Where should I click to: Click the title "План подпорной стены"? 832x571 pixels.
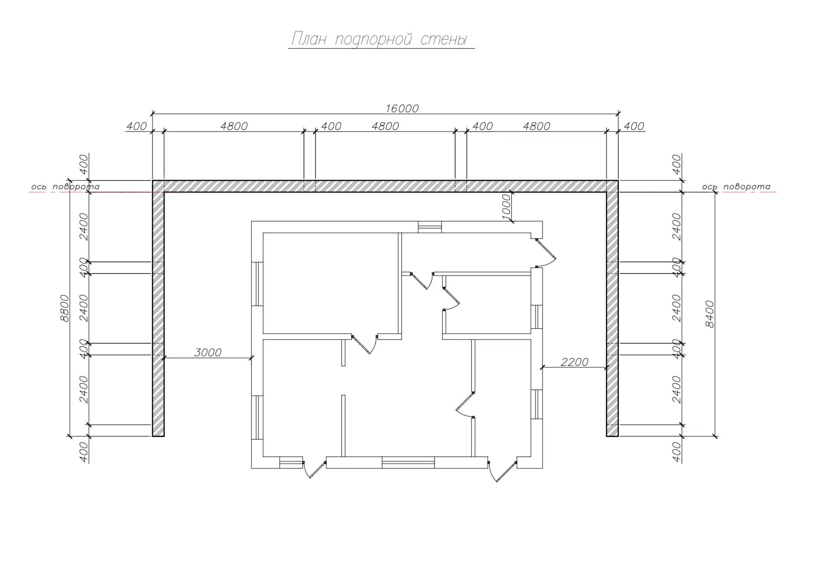tap(379, 39)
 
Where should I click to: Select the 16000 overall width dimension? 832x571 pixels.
tap(402, 108)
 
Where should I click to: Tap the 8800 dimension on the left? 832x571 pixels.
tap(64, 308)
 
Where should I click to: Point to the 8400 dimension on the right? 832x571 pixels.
tap(709, 314)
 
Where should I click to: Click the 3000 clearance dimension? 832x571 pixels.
tap(208, 352)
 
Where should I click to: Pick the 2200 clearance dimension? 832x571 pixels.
tap(575, 362)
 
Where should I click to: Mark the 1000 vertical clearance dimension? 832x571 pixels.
tap(506, 206)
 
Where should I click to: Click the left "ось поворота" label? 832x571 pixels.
tap(65, 187)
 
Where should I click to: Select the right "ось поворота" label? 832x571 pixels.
tap(736, 187)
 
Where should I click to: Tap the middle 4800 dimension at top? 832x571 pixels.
tap(385, 126)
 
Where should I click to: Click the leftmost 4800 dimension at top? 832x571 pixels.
tap(234, 126)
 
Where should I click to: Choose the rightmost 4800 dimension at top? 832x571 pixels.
tap(536, 126)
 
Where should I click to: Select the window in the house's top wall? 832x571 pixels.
tap(430, 227)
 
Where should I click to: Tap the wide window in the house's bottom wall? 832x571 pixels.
tap(408, 462)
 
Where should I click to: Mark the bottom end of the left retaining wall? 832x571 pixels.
tap(158, 436)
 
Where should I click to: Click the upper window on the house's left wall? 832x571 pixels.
tap(257, 284)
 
